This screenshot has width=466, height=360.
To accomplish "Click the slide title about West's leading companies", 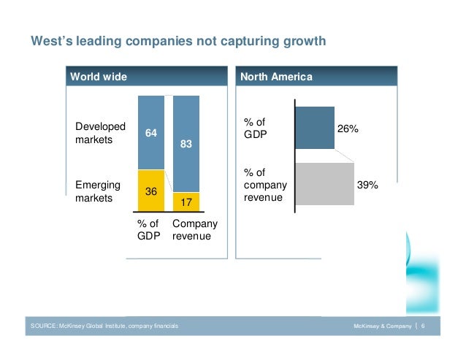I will [177, 42].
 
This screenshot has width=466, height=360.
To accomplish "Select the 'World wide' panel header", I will [98, 77].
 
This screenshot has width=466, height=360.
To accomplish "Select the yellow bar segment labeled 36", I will [151, 191].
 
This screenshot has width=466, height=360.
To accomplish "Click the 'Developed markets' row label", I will [101, 133].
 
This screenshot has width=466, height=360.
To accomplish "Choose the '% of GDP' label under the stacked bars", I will [148, 230].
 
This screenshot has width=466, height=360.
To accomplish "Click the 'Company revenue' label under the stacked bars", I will [195, 230].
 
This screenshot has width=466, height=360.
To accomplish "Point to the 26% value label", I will [348, 129].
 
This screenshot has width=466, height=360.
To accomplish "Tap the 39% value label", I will [367, 185].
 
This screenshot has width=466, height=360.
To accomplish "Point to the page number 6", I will [424, 323].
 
